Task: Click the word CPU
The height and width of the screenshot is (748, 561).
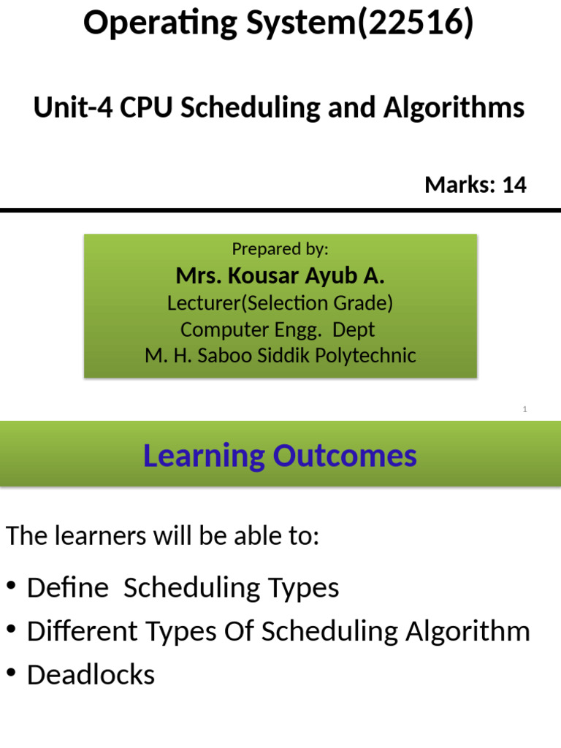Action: coord(147,108)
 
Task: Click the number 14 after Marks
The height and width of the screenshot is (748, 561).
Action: coord(514,186)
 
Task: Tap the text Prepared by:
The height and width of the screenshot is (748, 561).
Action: coord(280,249)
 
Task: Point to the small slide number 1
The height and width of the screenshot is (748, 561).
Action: coord(524,410)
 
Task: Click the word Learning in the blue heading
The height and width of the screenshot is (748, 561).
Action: coord(204,457)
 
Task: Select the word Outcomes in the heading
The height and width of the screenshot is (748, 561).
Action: coord(345,457)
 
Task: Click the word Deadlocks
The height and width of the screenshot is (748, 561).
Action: coord(91,675)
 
